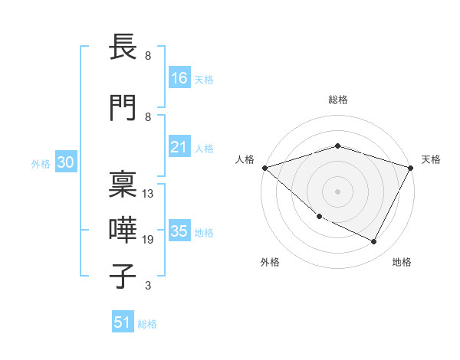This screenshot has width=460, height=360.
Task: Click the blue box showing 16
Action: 179,78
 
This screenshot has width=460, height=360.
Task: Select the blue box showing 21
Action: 179,147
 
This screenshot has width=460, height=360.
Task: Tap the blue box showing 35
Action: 179,231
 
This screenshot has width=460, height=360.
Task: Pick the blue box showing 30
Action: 66,162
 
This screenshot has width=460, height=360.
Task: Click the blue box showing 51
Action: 123,322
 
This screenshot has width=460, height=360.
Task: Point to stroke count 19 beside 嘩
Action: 148,240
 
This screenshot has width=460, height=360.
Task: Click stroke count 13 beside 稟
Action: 148,194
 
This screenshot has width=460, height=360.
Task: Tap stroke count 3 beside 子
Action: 148,286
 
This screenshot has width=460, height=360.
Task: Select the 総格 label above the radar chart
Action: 338,100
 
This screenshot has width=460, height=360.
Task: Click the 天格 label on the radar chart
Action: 431,159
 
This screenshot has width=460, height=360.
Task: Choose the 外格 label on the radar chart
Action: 270,262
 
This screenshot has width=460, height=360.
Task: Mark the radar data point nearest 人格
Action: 264,168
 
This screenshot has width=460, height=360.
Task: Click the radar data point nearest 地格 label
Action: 374,242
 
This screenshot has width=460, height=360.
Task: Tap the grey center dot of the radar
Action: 338,191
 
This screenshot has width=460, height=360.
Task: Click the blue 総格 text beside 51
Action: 147,324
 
